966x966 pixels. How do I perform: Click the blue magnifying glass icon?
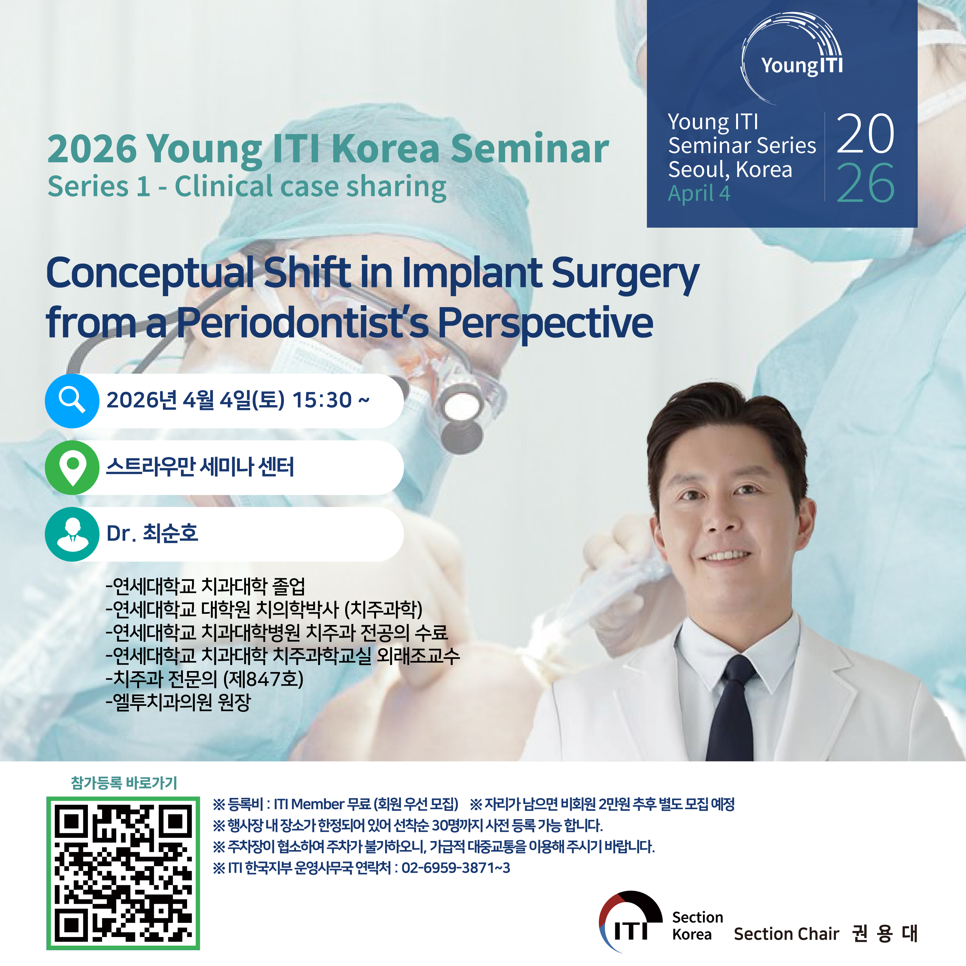click(x=72, y=401)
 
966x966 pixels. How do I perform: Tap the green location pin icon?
click(x=72, y=468)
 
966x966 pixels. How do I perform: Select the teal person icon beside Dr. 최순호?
click(x=72, y=534)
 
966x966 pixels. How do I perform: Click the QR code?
click(x=123, y=873)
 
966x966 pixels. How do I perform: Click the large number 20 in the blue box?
click(x=866, y=134)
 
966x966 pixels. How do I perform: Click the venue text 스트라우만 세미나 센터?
click(x=200, y=467)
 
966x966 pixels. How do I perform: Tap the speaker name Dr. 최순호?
click(x=153, y=533)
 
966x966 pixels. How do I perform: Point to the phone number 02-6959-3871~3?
click(x=456, y=867)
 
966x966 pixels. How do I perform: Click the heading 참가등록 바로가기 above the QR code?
click(x=124, y=782)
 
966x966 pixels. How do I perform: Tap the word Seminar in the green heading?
click(x=530, y=149)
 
